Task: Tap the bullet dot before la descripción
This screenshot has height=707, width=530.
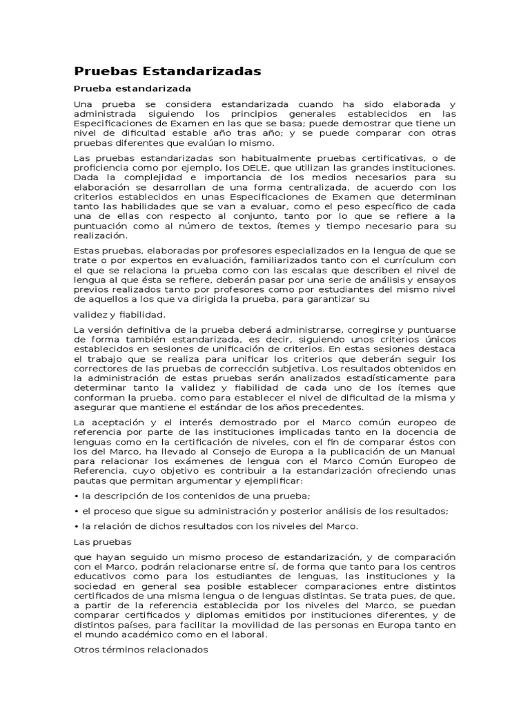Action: coord(76,496)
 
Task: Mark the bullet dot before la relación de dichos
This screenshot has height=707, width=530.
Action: coord(76,527)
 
